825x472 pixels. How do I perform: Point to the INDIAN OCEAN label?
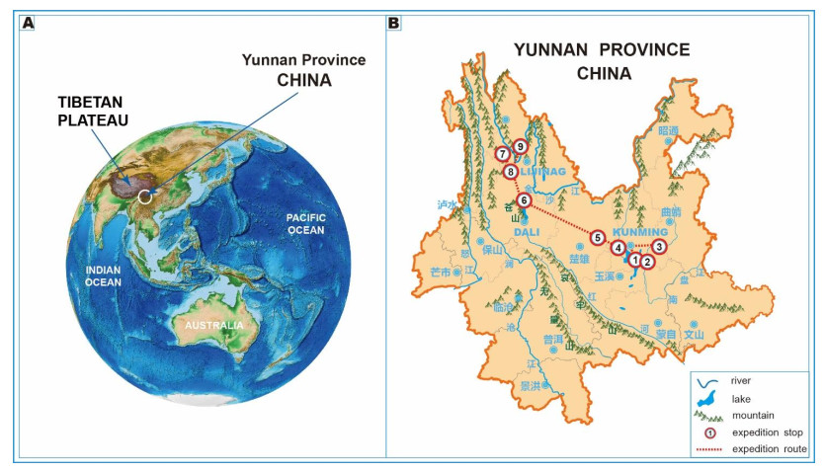click(103, 275)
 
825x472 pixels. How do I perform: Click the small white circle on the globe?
click(146, 197)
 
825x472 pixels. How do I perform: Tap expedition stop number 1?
click(634, 260)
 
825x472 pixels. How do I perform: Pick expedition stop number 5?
click(597, 237)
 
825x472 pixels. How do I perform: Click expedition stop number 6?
click(525, 200)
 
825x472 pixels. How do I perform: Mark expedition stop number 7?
click(503, 154)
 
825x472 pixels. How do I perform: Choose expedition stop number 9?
click(520, 147)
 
